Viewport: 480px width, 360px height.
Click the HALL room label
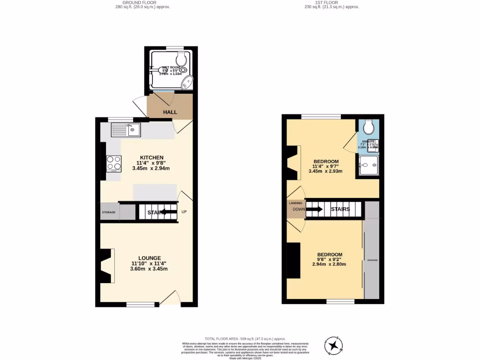click(x=170, y=112)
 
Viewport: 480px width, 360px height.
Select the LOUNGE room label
click(x=150, y=258)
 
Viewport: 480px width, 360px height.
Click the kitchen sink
click(x=126, y=129)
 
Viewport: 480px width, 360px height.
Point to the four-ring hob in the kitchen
click(x=114, y=164)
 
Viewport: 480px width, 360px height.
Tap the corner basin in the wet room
click(x=188, y=83)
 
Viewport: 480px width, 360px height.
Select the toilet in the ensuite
click(x=368, y=127)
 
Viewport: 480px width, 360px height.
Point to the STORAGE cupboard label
click(x=109, y=212)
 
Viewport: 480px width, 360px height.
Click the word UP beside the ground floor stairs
click(x=184, y=212)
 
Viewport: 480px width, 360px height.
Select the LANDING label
click(x=295, y=203)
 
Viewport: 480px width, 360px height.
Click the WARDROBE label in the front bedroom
click(x=372, y=260)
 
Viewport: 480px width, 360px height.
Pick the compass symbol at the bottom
click(x=335, y=345)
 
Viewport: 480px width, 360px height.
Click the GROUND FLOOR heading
click(x=142, y=3)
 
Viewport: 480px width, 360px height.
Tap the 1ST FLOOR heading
click(x=331, y=3)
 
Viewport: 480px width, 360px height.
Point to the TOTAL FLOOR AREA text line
click(x=245, y=339)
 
